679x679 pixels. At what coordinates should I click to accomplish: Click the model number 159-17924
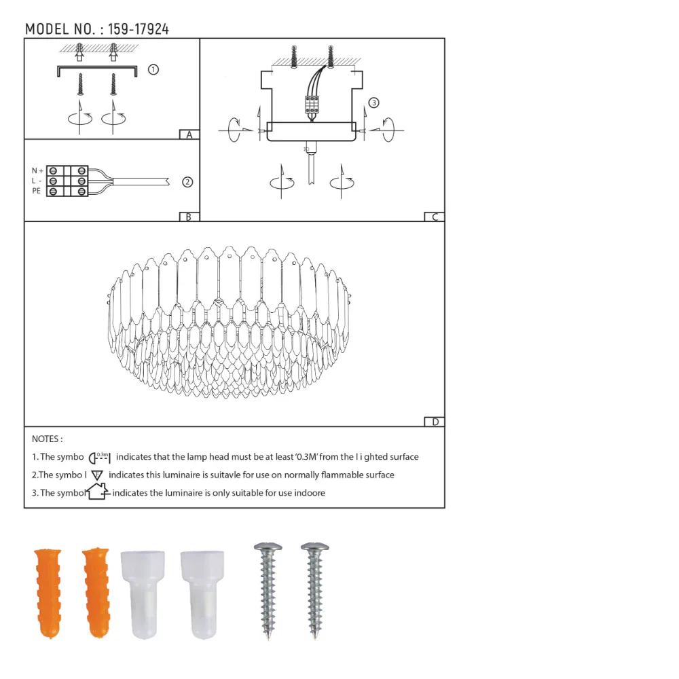point(139,29)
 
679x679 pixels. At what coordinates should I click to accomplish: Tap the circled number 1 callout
point(153,69)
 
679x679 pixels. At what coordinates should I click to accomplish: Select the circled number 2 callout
point(187,181)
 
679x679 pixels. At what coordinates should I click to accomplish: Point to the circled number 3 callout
point(373,103)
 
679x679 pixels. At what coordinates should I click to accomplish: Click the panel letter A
point(189,134)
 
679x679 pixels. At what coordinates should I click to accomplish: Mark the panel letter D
point(435,422)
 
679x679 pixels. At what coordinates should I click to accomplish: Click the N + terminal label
point(37,170)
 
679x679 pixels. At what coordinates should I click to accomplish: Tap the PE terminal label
point(36,191)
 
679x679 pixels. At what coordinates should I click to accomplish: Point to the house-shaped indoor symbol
point(98,492)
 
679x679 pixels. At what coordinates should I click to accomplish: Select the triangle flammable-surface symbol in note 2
point(97,475)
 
